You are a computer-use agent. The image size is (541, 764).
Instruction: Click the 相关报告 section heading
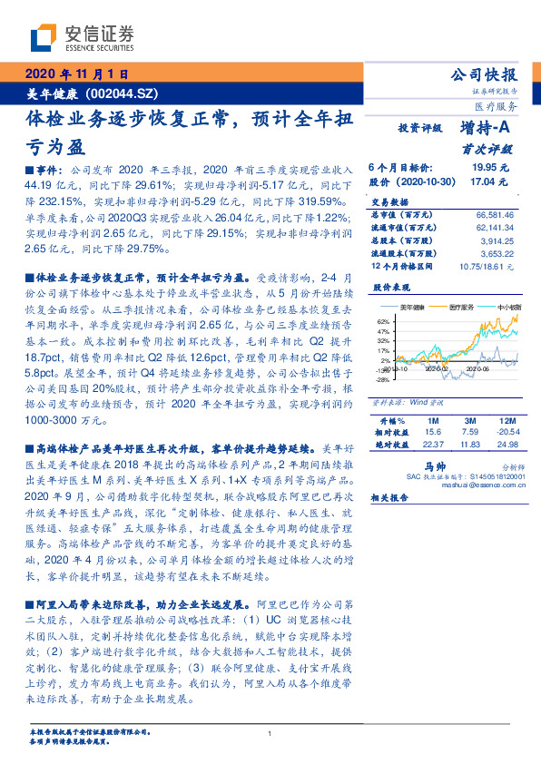click(x=389, y=497)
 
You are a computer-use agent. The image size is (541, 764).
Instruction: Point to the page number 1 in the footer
click(x=270, y=733)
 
